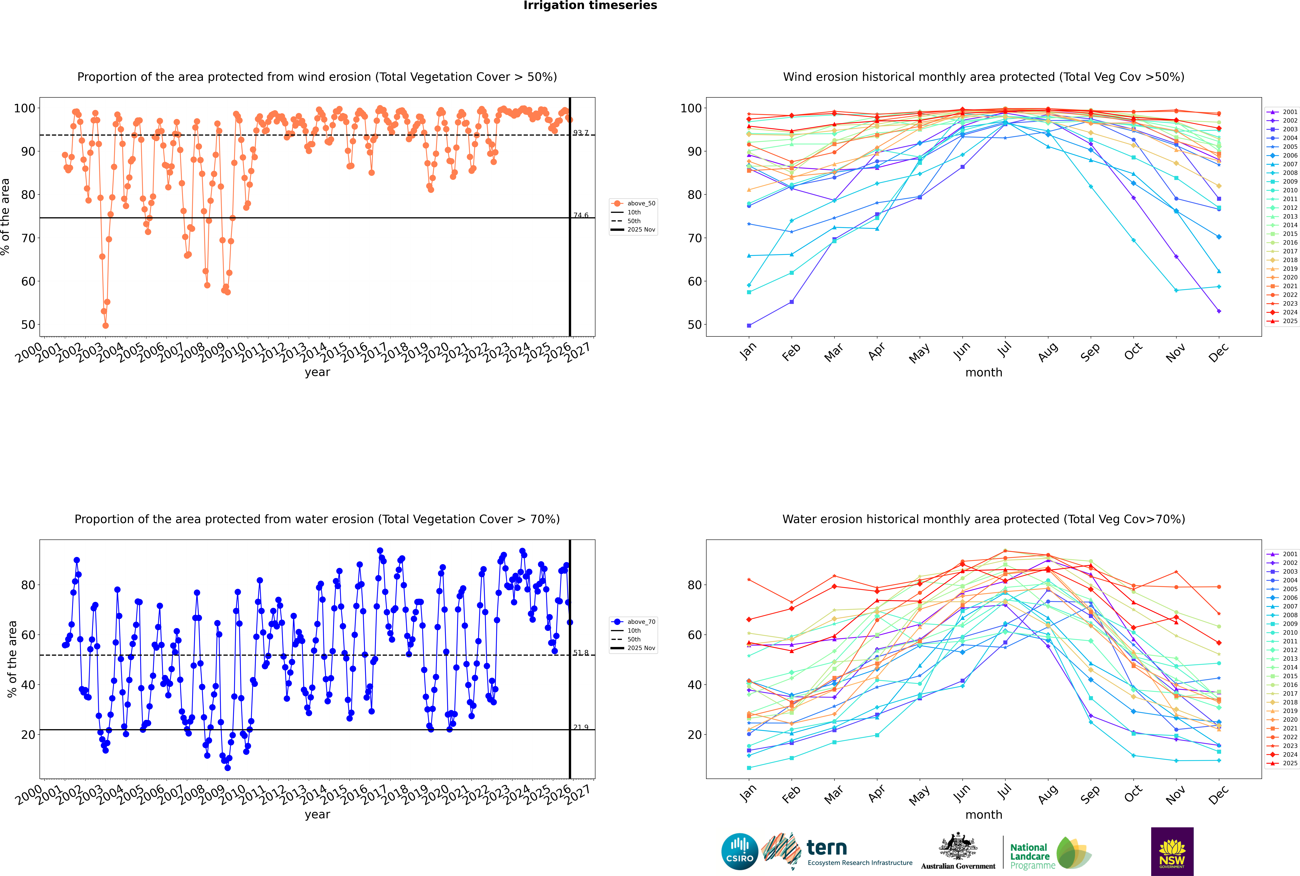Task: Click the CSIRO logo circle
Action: click(x=739, y=852)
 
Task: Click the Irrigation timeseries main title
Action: click(x=590, y=6)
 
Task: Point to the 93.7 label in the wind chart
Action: click(x=580, y=133)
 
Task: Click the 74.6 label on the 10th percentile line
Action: click(x=580, y=216)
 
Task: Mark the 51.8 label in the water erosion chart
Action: click(x=580, y=652)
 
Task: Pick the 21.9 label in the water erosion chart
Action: click(x=580, y=727)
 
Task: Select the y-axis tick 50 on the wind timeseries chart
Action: click(x=28, y=325)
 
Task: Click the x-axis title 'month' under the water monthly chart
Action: click(x=984, y=815)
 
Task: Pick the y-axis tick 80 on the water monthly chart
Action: click(x=694, y=585)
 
